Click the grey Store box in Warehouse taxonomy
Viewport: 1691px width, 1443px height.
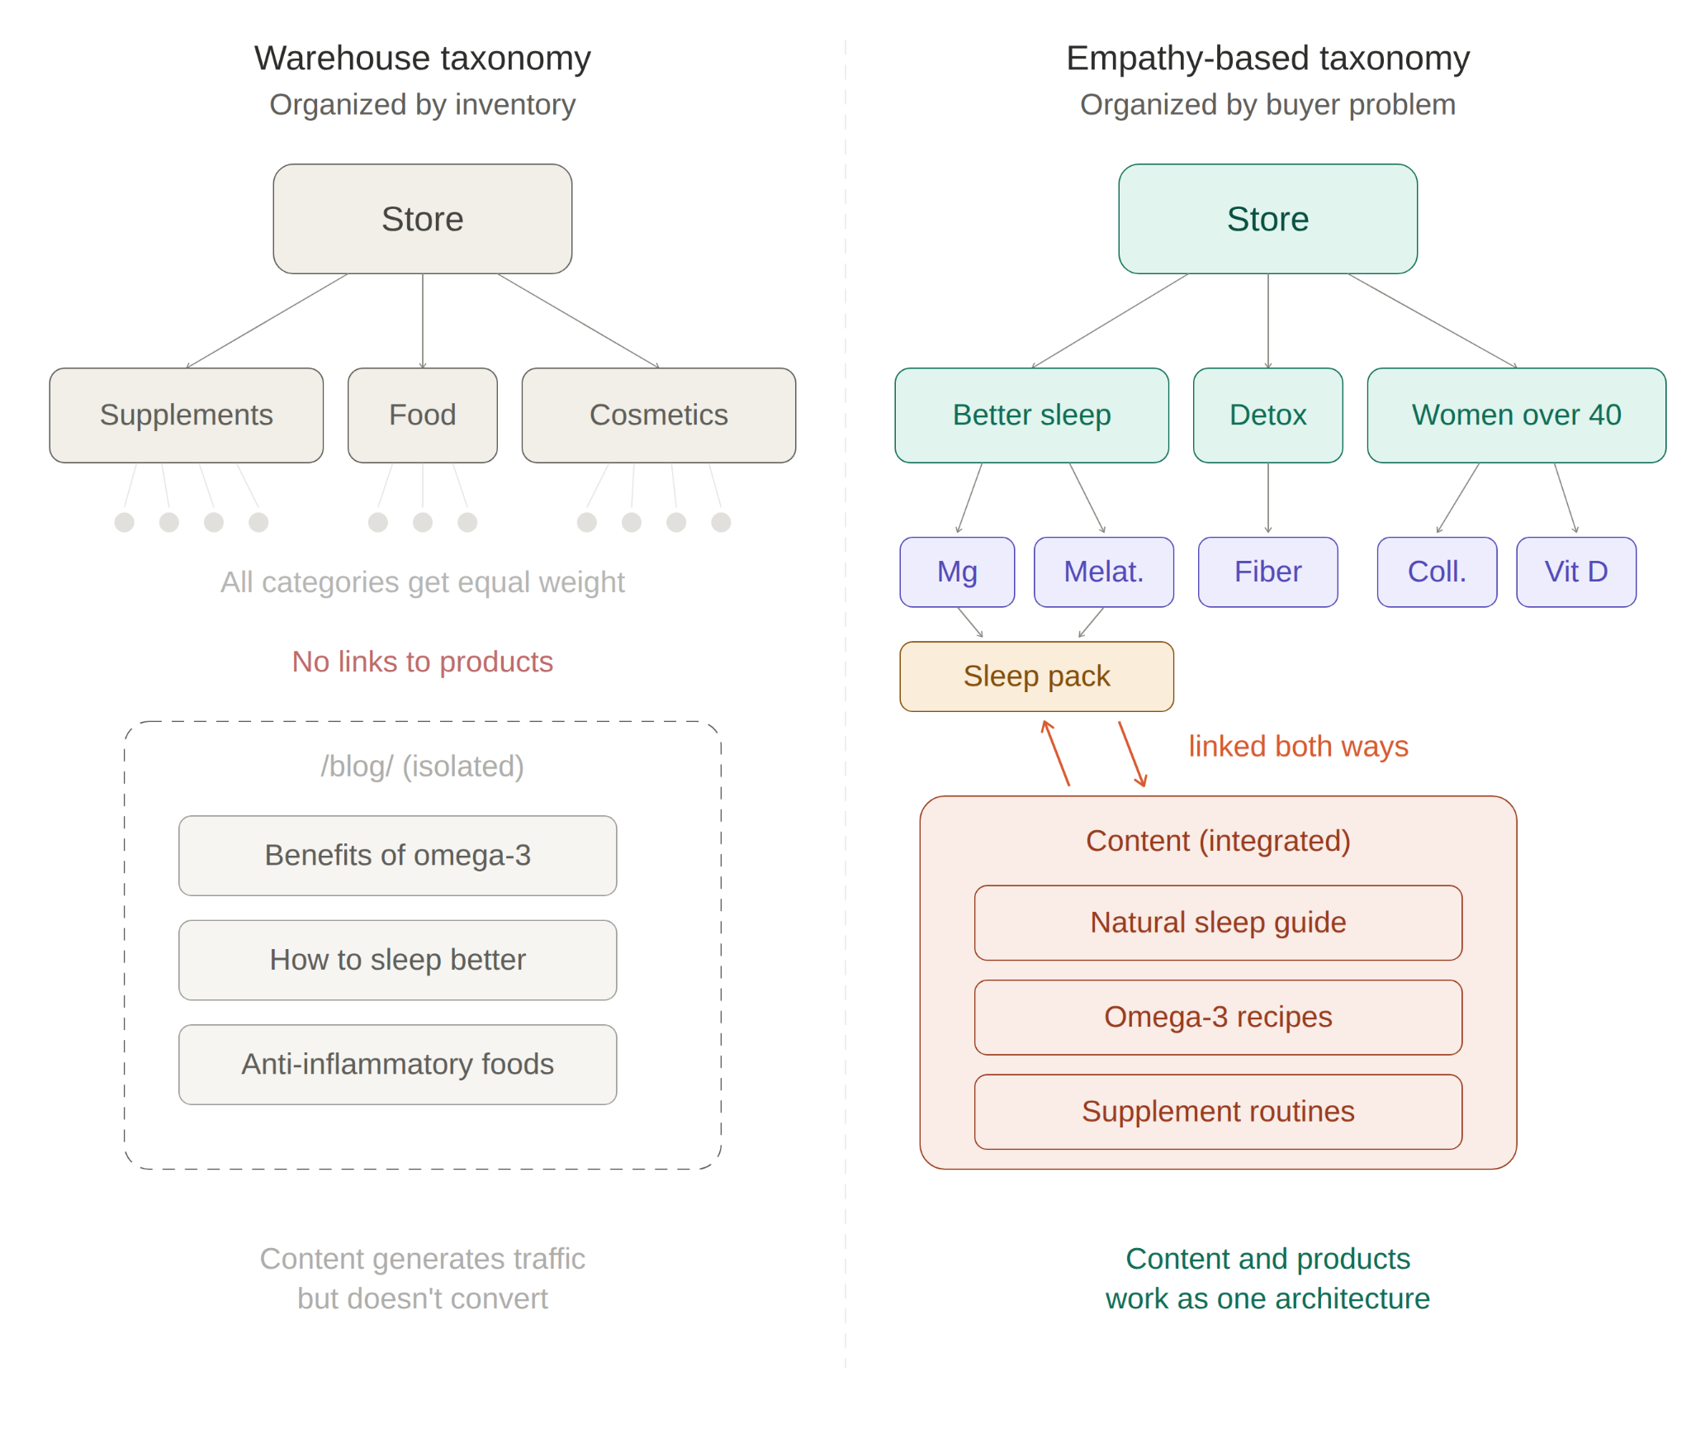(422, 219)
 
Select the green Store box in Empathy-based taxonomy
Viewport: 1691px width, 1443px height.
(1267, 219)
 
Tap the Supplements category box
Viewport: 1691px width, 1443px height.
(186, 415)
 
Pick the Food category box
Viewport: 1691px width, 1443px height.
(422, 415)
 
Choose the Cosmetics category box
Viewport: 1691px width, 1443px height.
(658, 415)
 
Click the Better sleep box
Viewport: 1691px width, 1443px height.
(1030, 415)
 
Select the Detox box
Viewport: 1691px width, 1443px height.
(1267, 415)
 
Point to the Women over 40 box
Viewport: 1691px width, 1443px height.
(1515, 415)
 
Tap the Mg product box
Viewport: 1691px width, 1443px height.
(956, 572)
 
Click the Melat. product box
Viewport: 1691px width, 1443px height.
(1102, 572)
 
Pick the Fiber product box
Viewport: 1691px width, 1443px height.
(1267, 572)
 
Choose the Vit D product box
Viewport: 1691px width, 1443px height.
(1575, 572)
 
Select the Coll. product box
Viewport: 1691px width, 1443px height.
(1436, 572)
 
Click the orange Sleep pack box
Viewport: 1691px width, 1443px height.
(1035, 676)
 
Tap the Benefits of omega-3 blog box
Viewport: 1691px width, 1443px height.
(397, 855)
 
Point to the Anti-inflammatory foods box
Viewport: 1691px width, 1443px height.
(397, 1064)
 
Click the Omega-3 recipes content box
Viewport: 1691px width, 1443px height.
(1217, 1017)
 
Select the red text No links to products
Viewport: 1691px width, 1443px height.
(422, 662)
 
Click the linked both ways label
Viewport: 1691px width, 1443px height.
(1297, 746)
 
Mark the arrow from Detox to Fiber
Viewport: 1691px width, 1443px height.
(1267, 499)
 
